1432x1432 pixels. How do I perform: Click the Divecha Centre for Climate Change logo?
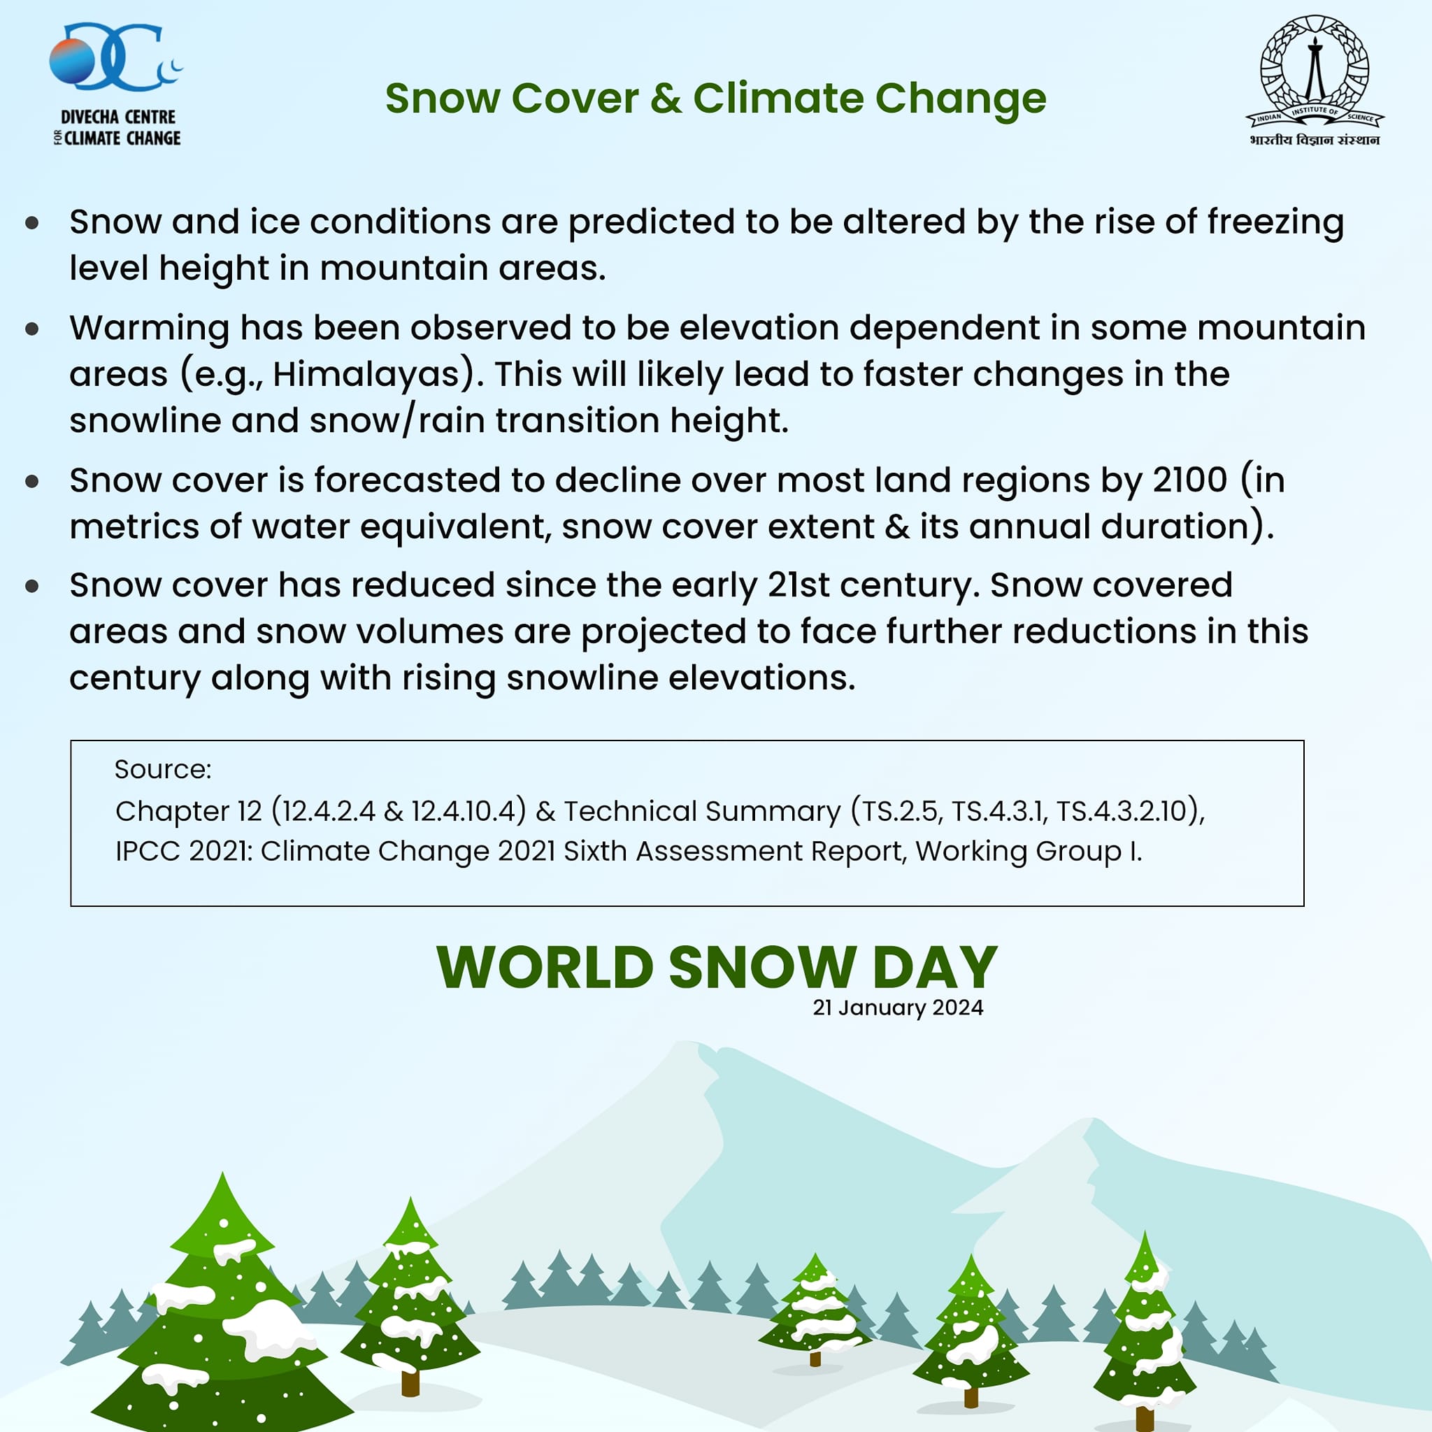(x=116, y=85)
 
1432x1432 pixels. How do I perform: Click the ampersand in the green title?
(x=666, y=98)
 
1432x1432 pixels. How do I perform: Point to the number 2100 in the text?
(x=1189, y=480)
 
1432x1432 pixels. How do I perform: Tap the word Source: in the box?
(x=163, y=769)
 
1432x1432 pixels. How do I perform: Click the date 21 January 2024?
(x=898, y=1008)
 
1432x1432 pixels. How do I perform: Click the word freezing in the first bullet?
(x=1275, y=222)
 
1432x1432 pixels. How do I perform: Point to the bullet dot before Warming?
(x=32, y=329)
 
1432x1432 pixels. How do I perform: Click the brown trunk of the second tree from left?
(x=410, y=1382)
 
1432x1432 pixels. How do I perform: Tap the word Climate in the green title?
(x=777, y=98)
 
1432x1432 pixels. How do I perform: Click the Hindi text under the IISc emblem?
(x=1314, y=140)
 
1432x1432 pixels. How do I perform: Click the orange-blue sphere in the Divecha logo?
(x=72, y=62)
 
